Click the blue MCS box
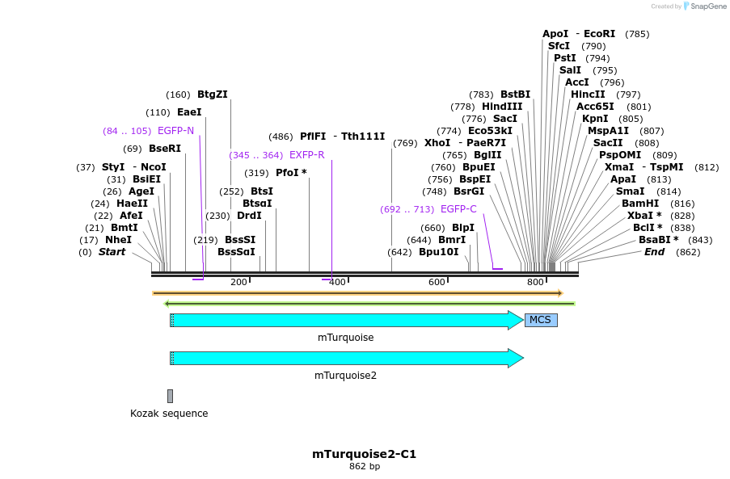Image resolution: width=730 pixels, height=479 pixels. tap(540, 320)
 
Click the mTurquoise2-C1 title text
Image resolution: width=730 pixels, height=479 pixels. tap(364, 454)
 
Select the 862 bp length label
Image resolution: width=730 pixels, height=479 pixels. tap(364, 467)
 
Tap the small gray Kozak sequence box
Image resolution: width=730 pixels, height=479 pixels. tap(170, 396)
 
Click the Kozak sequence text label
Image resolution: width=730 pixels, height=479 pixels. tap(169, 414)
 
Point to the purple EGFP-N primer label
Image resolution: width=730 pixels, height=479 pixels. tap(175, 131)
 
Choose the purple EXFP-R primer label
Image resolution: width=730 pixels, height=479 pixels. tap(306, 155)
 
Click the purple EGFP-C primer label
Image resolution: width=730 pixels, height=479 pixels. tap(458, 209)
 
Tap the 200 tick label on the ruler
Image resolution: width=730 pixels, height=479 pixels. tap(238, 282)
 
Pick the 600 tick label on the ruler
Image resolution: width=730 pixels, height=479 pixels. tap(437, 282)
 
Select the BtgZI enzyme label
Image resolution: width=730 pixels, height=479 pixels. tap(213, 95)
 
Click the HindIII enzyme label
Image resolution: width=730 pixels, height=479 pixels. tap(502, 107)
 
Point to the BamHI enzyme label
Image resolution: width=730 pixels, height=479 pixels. tap(640, 204)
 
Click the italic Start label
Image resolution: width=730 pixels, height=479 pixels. tap(112, 252)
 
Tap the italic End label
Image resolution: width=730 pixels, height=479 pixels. tap(654, 252)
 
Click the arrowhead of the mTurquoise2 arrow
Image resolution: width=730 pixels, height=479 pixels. tap(516, 358)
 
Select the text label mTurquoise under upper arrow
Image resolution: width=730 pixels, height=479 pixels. tap(345, 338)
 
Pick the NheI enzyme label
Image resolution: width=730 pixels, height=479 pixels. tap(118, 240)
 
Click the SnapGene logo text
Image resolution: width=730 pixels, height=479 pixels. tap(709, 6)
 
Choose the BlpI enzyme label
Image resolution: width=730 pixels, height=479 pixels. tap(463, 228)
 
